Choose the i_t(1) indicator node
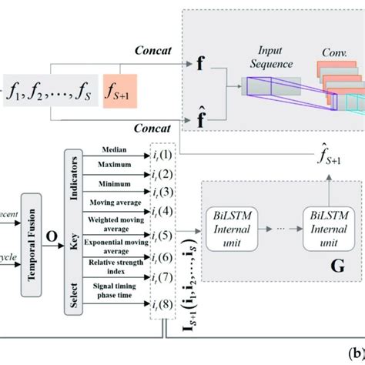point(170,151)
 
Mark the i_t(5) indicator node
point(170,235)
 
